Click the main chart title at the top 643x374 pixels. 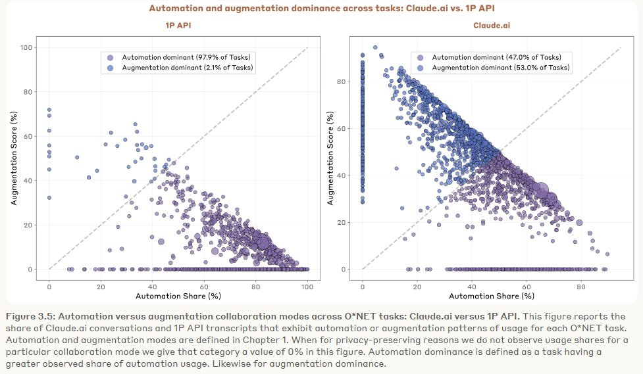click(321, 8)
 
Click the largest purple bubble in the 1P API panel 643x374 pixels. click(262, 243)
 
